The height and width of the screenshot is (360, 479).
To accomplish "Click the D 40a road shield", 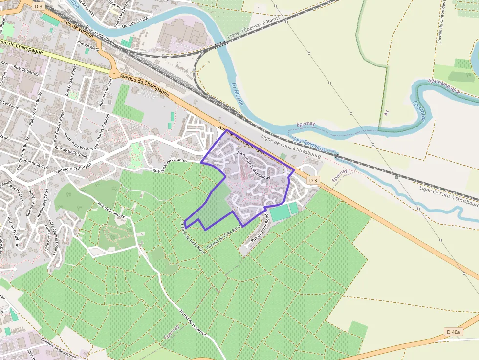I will click(453, 332).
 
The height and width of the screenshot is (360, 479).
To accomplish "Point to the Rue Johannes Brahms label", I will click(170, 168).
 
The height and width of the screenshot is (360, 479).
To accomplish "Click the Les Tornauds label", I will click(309, 144).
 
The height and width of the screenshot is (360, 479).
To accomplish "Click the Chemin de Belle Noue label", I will click(192, 236).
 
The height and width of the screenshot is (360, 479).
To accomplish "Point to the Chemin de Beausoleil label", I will click(54, 348).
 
